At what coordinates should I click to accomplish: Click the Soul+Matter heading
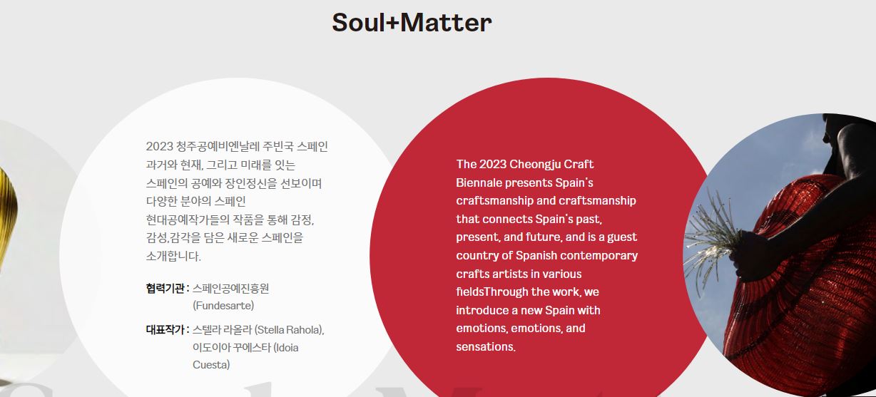[x=412, y=22]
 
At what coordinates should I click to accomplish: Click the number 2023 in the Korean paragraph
[x=159, y=147]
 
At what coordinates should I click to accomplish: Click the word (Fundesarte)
[x=223, y=306]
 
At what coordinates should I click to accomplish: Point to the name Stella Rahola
[x=288, y=330]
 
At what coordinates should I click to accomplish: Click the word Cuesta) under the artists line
[x=211, y=365]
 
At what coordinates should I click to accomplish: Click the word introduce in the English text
[x=482, y=310]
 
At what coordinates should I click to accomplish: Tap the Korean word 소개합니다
[x=173, y=257]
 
